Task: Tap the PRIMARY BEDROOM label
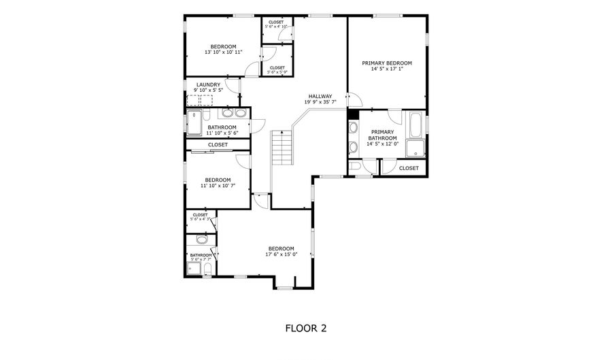pos(386,63)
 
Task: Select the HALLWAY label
pos(320,96)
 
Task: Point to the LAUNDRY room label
pos(207,85)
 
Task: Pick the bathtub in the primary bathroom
pos(415,125)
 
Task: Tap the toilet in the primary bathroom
pos(355,167)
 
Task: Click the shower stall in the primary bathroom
pos(414,149)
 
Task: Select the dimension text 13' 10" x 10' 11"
pos(223,52)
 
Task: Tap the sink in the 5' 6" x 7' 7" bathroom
pos(201,239)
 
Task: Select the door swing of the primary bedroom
pos(354,100)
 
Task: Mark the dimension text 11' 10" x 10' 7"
pos(218,185)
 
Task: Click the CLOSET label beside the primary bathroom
pos(409,167)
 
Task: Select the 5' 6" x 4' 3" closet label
pos(200,217)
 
